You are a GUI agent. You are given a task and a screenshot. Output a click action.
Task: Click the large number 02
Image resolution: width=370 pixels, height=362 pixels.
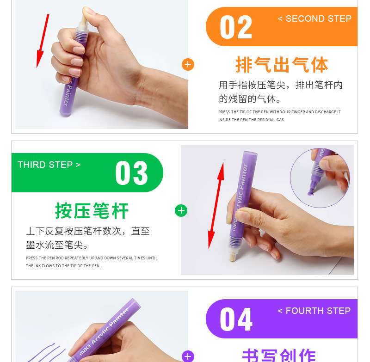236,27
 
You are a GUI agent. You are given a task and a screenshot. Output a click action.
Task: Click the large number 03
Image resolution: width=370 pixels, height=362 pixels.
131,173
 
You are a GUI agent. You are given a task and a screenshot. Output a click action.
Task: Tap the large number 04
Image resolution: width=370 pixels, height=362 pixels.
236,319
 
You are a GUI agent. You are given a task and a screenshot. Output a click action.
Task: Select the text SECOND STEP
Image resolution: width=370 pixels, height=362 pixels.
314,19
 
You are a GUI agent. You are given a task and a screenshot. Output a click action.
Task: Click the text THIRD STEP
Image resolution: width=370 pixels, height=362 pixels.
49,165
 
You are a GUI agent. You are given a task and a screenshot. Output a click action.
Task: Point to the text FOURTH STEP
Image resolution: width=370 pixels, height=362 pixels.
314,311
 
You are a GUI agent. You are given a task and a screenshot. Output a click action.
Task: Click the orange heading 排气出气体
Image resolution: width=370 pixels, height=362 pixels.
282,65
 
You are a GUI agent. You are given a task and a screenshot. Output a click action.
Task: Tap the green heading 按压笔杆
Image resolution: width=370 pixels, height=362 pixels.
92,211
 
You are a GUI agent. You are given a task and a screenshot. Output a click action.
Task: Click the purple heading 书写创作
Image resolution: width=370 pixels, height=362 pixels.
279,355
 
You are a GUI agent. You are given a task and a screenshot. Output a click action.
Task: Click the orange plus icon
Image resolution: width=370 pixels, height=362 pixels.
188,64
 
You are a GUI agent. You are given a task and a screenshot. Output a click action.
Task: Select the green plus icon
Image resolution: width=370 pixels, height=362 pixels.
181,211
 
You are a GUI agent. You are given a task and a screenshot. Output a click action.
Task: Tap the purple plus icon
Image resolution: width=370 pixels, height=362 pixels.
188,356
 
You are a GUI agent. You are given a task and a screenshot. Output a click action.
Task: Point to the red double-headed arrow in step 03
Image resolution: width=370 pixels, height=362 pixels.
216,206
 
